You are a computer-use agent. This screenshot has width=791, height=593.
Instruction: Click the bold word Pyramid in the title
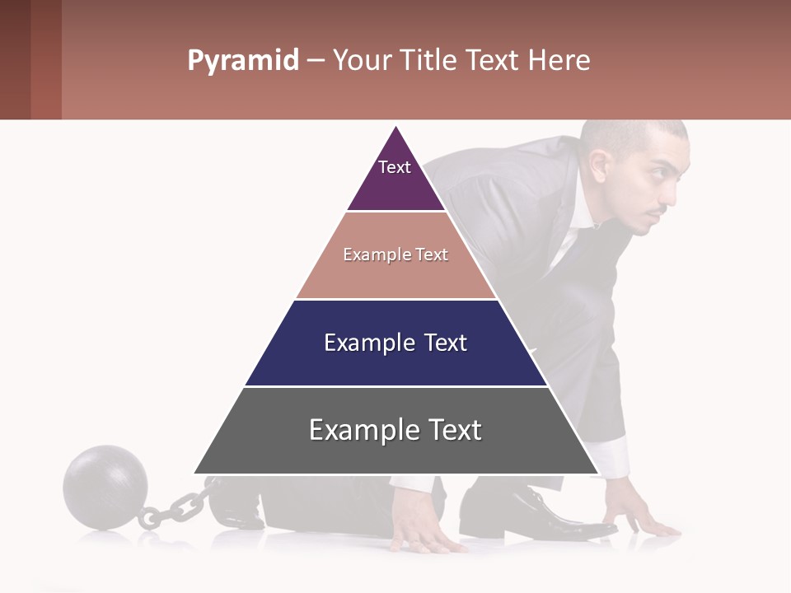tap(242, 60)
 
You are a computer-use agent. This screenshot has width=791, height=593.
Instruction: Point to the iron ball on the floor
tap(105, 487)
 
